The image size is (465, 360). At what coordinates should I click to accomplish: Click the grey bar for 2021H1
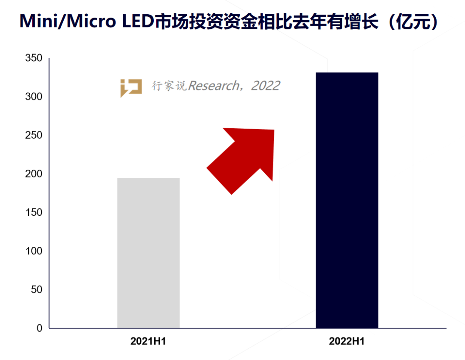pyautogui.click(x=148, y=253)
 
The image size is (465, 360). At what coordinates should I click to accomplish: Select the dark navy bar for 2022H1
pyautogui.click(x=347, y=200)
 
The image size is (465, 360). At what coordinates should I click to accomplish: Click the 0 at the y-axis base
pyautogui.click(x=40, y=328)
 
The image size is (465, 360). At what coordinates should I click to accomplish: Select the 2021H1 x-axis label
pyautogui.click(x=148, y=342)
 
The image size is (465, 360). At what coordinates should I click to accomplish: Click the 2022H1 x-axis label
pyautogui.click(x=347, y=342)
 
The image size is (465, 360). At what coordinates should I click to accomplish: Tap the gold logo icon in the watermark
pyautogui.click(x=131, y=87)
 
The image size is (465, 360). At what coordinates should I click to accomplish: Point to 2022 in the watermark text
pyautogui.click(x=265, y=86)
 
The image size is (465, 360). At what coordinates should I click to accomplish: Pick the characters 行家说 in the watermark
pyautogui.click(x=169, y=86)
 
